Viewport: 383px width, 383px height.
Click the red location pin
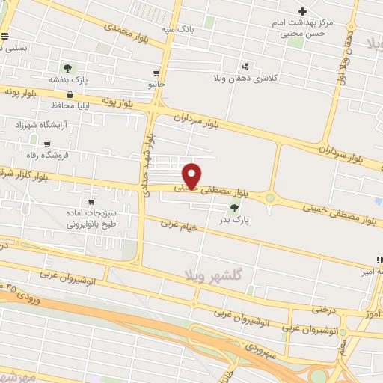coord(192,175)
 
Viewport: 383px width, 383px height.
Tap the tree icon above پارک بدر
coord(235,209)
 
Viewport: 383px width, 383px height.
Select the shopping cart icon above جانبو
coord(156,73)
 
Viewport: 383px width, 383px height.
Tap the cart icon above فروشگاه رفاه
coord(48,144)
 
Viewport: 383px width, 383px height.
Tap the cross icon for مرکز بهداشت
coord(302,11)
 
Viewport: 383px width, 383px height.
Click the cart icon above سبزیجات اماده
coord(91,202)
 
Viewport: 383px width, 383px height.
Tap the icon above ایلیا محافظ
coord(70,95)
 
